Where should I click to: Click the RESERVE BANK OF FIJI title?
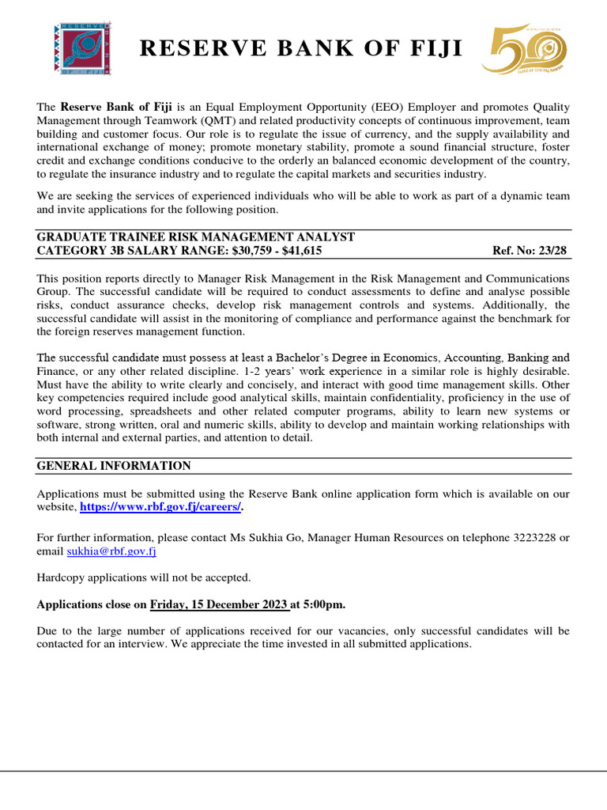tap(301, 49)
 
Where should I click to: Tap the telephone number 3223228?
tap(532, 538)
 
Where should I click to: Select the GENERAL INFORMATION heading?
tap(114, 466)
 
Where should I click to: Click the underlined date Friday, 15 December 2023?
tap(219, 604)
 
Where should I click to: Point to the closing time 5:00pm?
tap(324, 604)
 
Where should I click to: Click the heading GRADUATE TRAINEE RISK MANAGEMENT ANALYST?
tap(196, 237)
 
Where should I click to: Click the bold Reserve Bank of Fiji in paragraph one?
tap(117, 107)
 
